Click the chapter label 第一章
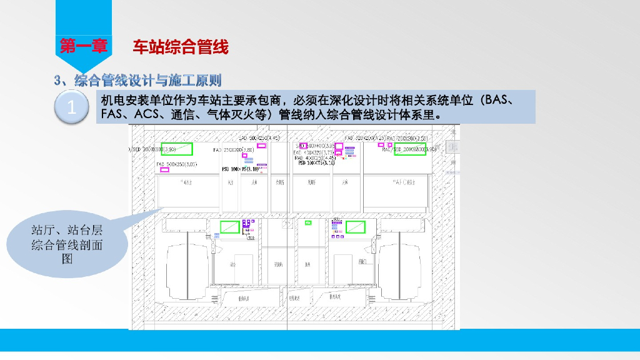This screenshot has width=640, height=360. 83,46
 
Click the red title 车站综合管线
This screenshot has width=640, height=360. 180,46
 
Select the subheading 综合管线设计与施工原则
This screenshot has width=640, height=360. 147,80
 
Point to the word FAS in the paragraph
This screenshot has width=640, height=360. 112,115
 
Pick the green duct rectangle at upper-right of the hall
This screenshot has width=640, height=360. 413,150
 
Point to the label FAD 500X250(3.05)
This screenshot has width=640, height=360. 177,163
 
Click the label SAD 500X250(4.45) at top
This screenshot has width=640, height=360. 259,137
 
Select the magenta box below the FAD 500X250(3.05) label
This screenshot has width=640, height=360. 165,170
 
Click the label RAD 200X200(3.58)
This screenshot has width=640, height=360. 407,137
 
